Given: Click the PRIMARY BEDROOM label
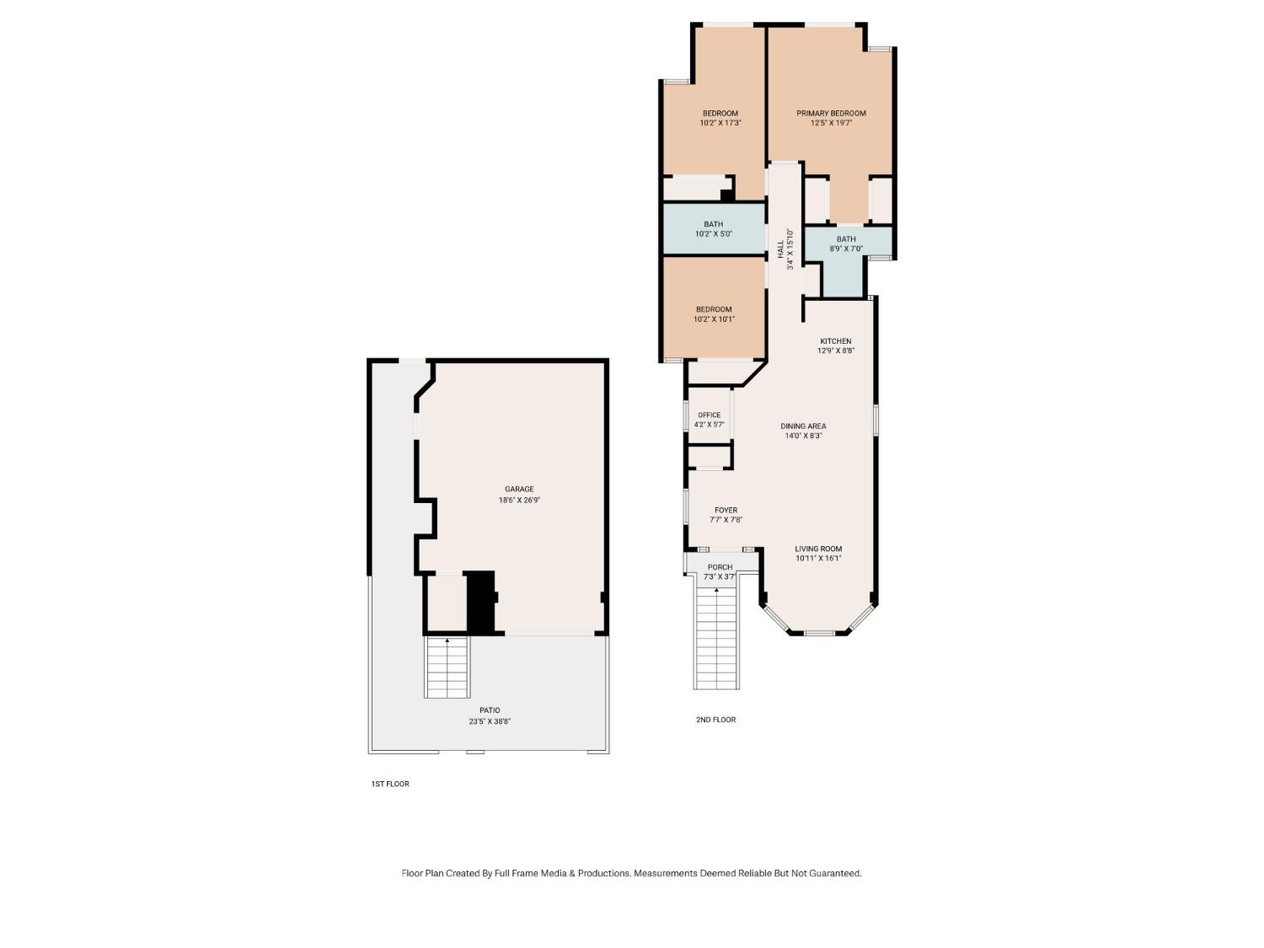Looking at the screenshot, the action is (x=831, y=114).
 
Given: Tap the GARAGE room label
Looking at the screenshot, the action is (x=519, y=490).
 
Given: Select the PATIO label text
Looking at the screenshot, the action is (x=490, y=710).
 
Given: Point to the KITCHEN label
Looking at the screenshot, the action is (x=836, y=341).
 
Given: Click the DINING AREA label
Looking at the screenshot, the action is (x=803, y=426).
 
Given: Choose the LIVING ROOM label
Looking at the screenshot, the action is (x=818, y=549).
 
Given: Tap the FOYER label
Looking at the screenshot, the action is (x=726, y=510).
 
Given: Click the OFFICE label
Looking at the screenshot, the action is (x=710, y=415).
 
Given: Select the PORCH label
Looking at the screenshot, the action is (x=720, y=567).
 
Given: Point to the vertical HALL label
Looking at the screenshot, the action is (x=780, y=249).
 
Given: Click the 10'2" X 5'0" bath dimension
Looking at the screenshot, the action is (x=714, y=234).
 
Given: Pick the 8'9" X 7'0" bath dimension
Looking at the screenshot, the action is (x=846, y=249).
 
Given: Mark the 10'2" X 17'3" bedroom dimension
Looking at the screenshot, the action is (x=720, y=122).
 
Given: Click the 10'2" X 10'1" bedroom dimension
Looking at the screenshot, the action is (x=714, y=319).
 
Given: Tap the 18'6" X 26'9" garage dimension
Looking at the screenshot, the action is (x=519, y=501).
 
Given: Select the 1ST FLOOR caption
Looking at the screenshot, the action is (x=390, y=784).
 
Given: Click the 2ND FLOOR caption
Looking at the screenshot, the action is (x=715, y=720).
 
